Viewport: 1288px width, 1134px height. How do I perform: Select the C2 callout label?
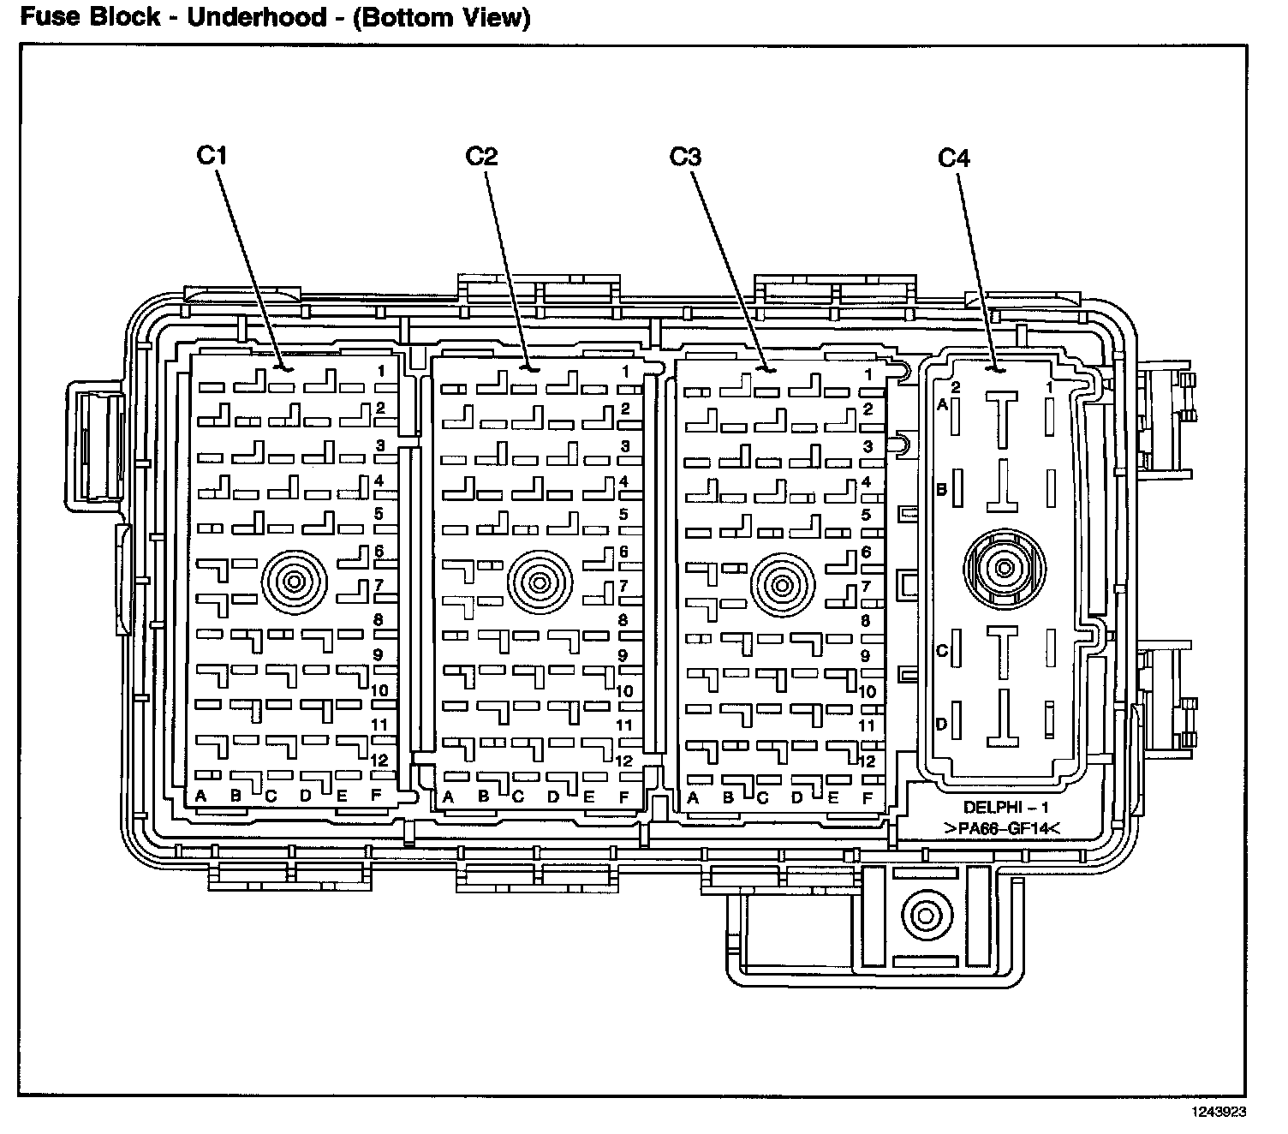(481, 156)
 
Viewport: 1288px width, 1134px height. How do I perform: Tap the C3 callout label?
(685, 157)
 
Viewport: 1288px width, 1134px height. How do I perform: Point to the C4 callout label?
(954, 158)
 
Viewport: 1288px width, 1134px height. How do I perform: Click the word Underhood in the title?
(254, 17)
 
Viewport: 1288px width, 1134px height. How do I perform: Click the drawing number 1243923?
(1217, 1113)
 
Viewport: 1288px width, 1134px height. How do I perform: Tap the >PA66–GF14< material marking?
(1001, 828)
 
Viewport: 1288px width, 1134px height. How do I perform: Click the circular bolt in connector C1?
(295, 583)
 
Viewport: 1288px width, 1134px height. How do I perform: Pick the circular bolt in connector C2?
(539, 583)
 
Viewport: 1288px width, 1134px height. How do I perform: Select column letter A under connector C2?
(446, 797)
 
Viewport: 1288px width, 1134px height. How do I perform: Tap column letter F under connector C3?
(868, 798)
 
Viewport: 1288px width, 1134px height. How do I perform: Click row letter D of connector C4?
(941, 725)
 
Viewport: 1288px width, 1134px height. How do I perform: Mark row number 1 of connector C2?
(625, 372)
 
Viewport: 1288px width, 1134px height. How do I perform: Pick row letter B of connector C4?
(941, 490)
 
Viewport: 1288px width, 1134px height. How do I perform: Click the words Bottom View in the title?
(442, 17)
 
